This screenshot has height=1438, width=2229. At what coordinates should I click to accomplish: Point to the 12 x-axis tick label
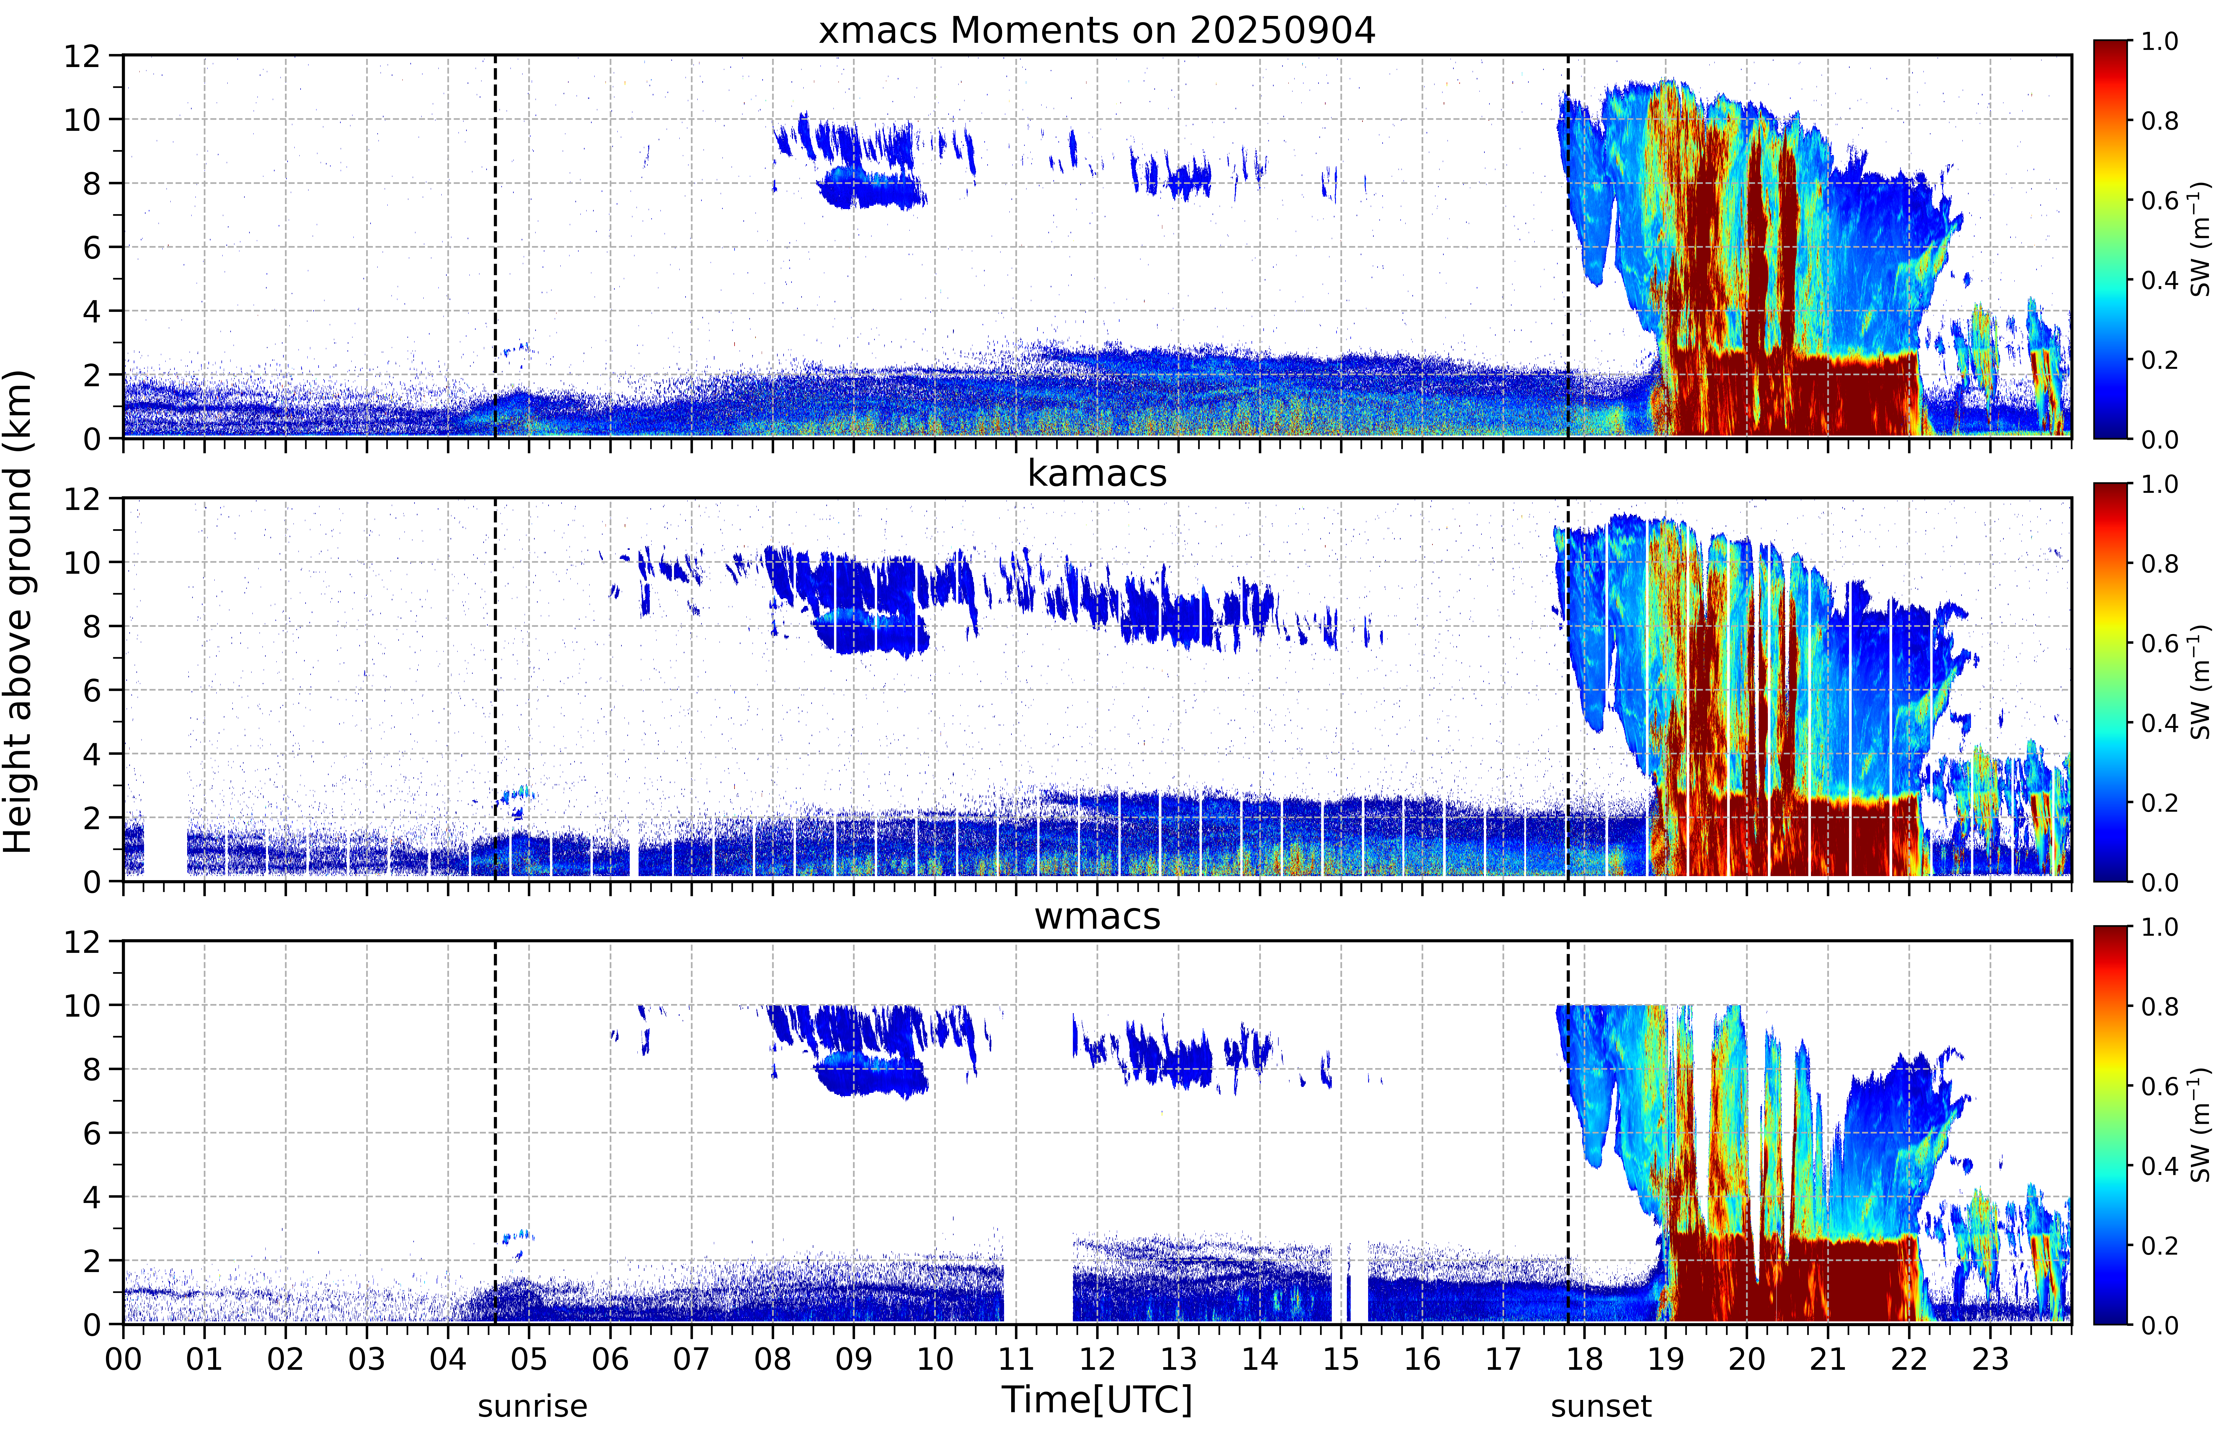tap(1098, 1359)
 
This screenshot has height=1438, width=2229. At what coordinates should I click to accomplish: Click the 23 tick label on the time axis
tap(1990, 1359)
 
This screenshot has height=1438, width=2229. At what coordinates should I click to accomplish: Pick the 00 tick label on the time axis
tap(123, 1359)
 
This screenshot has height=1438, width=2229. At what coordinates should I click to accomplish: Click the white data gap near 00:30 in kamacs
tap(165, 845)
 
